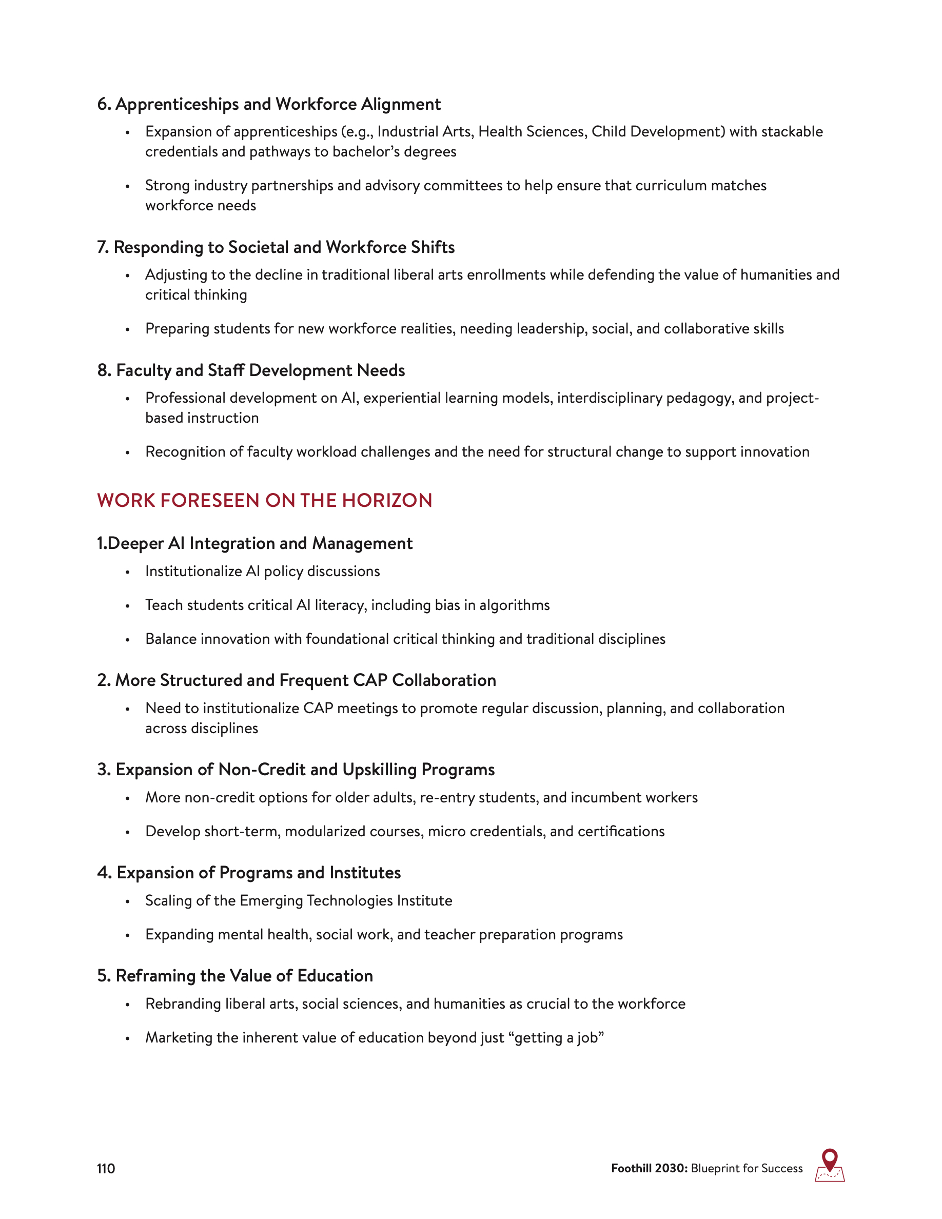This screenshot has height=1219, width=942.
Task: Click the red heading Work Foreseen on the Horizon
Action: click(265, 500)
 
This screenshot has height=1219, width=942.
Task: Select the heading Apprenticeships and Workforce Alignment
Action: click(269, 104)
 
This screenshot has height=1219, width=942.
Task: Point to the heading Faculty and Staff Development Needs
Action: click(251, 370)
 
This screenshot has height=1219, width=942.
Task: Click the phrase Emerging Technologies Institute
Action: click(346, 900)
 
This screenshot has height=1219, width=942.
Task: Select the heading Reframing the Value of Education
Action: click(235, 976)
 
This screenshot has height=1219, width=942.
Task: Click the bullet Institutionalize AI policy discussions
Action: click(262, 572)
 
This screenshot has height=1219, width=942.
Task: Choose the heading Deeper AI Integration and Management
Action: click(254, 544)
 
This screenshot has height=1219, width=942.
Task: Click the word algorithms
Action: click(514, 605)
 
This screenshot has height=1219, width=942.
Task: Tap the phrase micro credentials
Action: click(486, 831)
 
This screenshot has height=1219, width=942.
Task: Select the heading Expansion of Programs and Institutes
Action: click(249, 872)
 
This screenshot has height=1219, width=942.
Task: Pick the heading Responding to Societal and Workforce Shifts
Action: click(276, 247)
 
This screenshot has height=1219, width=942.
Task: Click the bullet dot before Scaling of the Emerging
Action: click(128, 902)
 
